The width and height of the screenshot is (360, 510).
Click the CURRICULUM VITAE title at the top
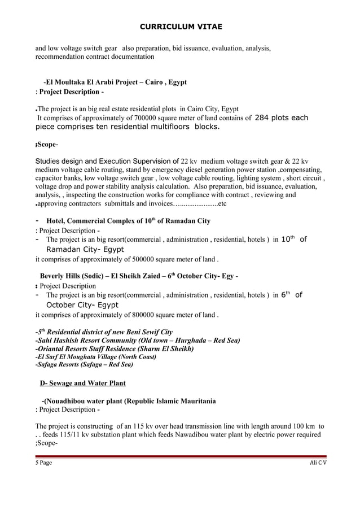click(x=180, y=27)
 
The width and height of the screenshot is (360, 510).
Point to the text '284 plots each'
click(x=282, y=118)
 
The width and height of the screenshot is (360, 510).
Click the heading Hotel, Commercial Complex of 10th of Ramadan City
click(x=124, y=220)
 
